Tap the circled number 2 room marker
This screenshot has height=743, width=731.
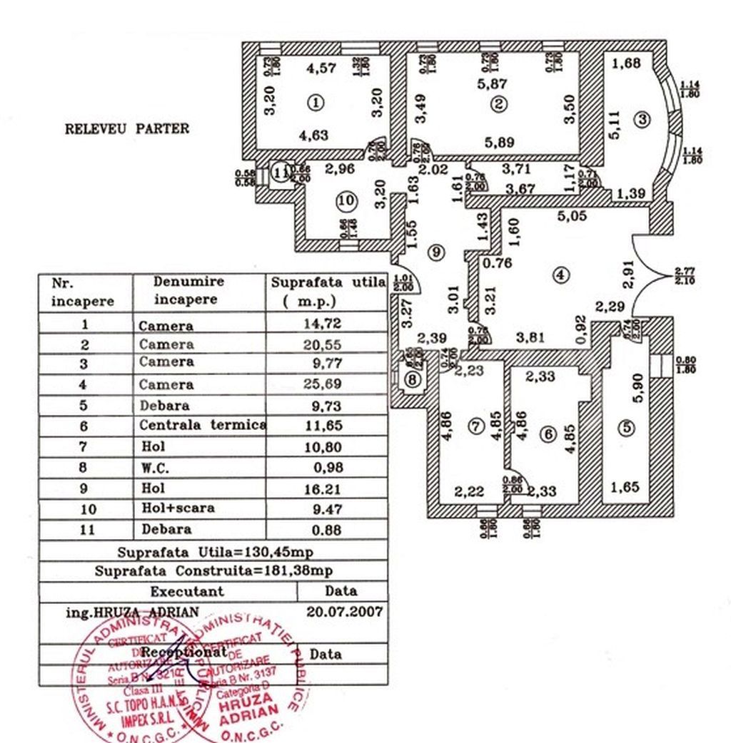pyautogui.click(x=499, y=104)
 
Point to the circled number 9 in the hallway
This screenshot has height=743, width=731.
pyautogui.click(x=435, y=251)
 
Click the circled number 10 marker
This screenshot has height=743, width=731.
pyautogui.click(x=346, y=202)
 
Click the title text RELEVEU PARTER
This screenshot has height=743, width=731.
pyautogui.click(x=127, y=129)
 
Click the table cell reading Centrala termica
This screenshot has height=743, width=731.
pyautogui.click(x=202, y=426)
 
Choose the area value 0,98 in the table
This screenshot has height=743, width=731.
pyautogui.click(x=328, y=467)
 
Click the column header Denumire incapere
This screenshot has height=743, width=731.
pyautogui.click(x=188, y=291)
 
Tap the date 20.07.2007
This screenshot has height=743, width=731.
pyautogui.click(x=344, y=612)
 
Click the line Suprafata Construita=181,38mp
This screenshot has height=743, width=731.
pyautogui.click(x=213, y=571)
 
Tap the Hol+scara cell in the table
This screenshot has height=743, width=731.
pyautogui.click(x=176, y=508)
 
